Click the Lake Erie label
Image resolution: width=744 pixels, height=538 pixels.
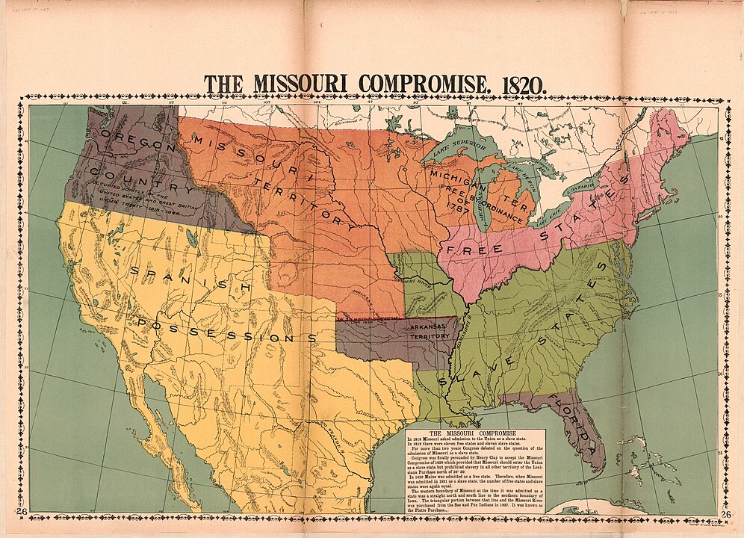[x=548, y=219]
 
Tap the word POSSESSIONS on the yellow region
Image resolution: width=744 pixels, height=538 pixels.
[x=225, y=329]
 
